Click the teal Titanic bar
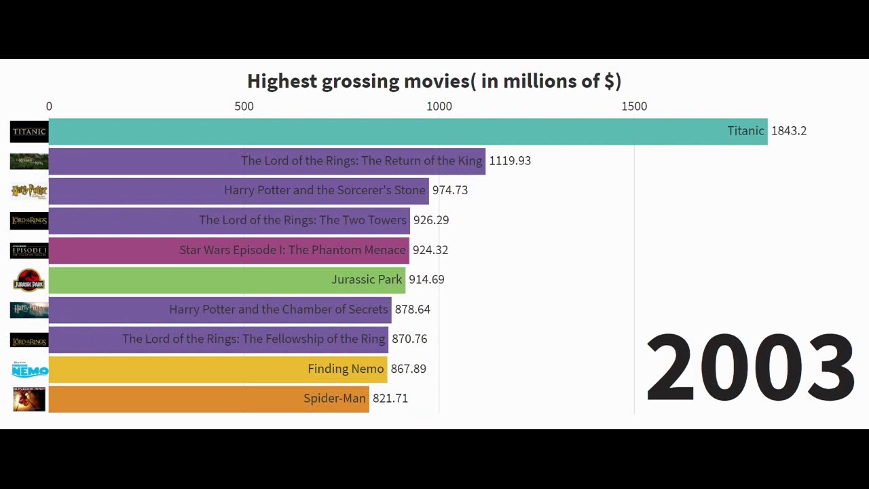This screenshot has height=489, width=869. (x=407, y=131)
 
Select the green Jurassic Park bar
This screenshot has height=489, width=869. (x=227, y=280)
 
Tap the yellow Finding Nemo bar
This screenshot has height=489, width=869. (x=217, y=369)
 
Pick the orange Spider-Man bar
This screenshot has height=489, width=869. (x=208, y=399)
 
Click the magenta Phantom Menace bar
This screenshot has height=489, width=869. (x=229, y=250)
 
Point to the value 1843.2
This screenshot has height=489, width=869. (x=788, y=131)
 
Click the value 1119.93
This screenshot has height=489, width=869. (x=510, y=161)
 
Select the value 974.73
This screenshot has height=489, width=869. (x=449, y=190)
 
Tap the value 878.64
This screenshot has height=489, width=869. (x=412, y=310)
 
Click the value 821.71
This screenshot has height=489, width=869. (x=390, y=399)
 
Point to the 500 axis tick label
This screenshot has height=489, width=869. (x=244, y=107)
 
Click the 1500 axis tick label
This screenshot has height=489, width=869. (x=634, y=107)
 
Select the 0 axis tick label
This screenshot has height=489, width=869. (x=49, y=107)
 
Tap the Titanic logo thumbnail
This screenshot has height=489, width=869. (x=29, y=131)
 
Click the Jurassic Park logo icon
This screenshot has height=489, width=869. (x=29, y=280)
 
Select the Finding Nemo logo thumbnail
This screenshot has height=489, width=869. (x=29, y=369)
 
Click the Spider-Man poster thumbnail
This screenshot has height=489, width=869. (x=29, y=399)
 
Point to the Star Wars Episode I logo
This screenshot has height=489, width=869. (x=29, y=251)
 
